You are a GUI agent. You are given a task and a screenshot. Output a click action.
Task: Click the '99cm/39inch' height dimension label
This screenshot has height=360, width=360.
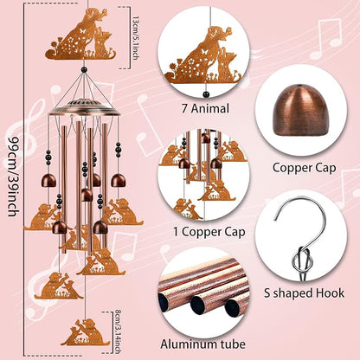[13, 176]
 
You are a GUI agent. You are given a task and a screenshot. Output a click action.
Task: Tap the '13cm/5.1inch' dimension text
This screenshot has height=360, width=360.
[136, 37]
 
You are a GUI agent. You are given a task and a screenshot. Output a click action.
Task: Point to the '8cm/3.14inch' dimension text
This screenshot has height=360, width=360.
[118, 331]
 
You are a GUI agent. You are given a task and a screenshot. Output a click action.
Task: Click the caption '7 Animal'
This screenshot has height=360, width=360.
[205, 109]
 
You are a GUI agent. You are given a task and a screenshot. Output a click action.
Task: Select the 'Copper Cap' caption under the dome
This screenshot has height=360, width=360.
[305, 168]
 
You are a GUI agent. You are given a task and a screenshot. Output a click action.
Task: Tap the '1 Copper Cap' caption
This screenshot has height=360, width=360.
[209, 232]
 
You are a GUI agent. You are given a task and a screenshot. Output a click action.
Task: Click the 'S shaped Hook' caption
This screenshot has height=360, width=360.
[305, 293]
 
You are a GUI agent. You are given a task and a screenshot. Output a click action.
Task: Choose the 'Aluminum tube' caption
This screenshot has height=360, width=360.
[203, 344]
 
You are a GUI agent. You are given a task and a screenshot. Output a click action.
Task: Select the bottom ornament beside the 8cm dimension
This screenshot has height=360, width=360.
[86, 332]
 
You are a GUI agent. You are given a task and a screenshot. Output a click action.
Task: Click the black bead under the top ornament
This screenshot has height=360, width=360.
[84, 69]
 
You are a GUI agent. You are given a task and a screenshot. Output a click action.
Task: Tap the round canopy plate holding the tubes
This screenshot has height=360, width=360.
[84, 107]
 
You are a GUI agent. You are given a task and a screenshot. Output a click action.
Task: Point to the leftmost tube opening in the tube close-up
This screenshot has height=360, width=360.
[164, 302]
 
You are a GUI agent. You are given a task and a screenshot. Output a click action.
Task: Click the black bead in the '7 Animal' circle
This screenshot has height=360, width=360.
[206, 94]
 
